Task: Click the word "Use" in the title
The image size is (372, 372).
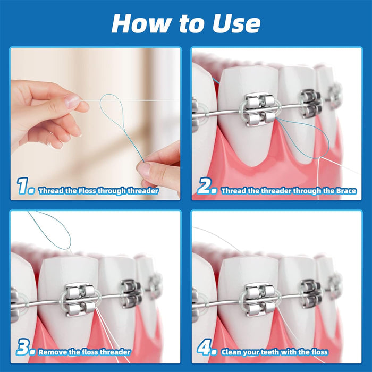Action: pos(232,23)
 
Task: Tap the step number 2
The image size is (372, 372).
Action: pos(206,187)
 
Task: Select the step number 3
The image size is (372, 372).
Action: pos(26,349)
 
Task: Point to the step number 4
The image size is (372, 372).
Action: pos(206,349)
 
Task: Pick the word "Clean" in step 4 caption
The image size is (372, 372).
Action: pos(233,352)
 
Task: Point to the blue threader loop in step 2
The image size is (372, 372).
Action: pos(303,136)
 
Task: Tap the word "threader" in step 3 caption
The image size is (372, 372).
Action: pos(114,352)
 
